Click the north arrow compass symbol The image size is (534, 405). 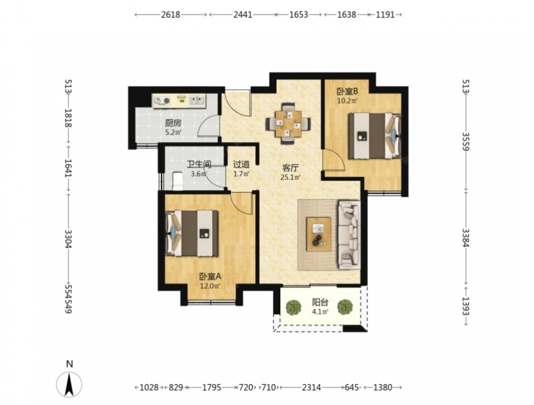[69, 385]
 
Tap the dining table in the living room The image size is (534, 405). [288, 124]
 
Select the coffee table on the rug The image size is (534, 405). [319, 234]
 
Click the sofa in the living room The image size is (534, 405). [349, 234]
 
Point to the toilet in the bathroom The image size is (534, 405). [178, 181]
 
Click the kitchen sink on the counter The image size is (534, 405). [197, 100]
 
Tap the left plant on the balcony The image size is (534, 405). [293, 307]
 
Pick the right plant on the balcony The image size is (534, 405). [345, 307]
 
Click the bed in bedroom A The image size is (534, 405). [192, 233]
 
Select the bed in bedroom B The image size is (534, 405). [374, 136]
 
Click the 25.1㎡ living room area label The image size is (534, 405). [290, 177]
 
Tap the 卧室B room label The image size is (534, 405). [348, 91]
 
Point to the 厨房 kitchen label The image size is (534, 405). [173, 123]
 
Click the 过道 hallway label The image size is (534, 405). [241, 165]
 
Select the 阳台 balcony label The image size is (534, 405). [320, 302]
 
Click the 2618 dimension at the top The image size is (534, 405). [171, 14]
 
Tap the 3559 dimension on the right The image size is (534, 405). [466, 142]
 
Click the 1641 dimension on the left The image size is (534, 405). [68, 168]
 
